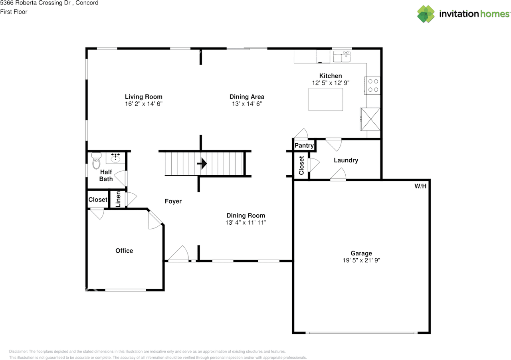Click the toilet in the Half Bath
click(96, 161)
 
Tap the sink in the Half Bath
click(116, 158)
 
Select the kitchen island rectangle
click(325, 99)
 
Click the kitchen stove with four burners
click(373, 85)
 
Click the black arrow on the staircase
click(202, 163)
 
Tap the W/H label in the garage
click(420, 186)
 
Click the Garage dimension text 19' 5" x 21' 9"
click(361, 260)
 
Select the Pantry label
click(304, 146)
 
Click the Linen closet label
click(118, 199)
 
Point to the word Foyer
click(173, 201)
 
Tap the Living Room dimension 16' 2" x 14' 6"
click(143, 103)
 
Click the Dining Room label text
click(246, 216)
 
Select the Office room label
click(124, 251)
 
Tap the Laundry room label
click(346, 160)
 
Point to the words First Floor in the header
click(14, 12)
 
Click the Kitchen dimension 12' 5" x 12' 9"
click(331, 83)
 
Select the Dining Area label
click(247, 97)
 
